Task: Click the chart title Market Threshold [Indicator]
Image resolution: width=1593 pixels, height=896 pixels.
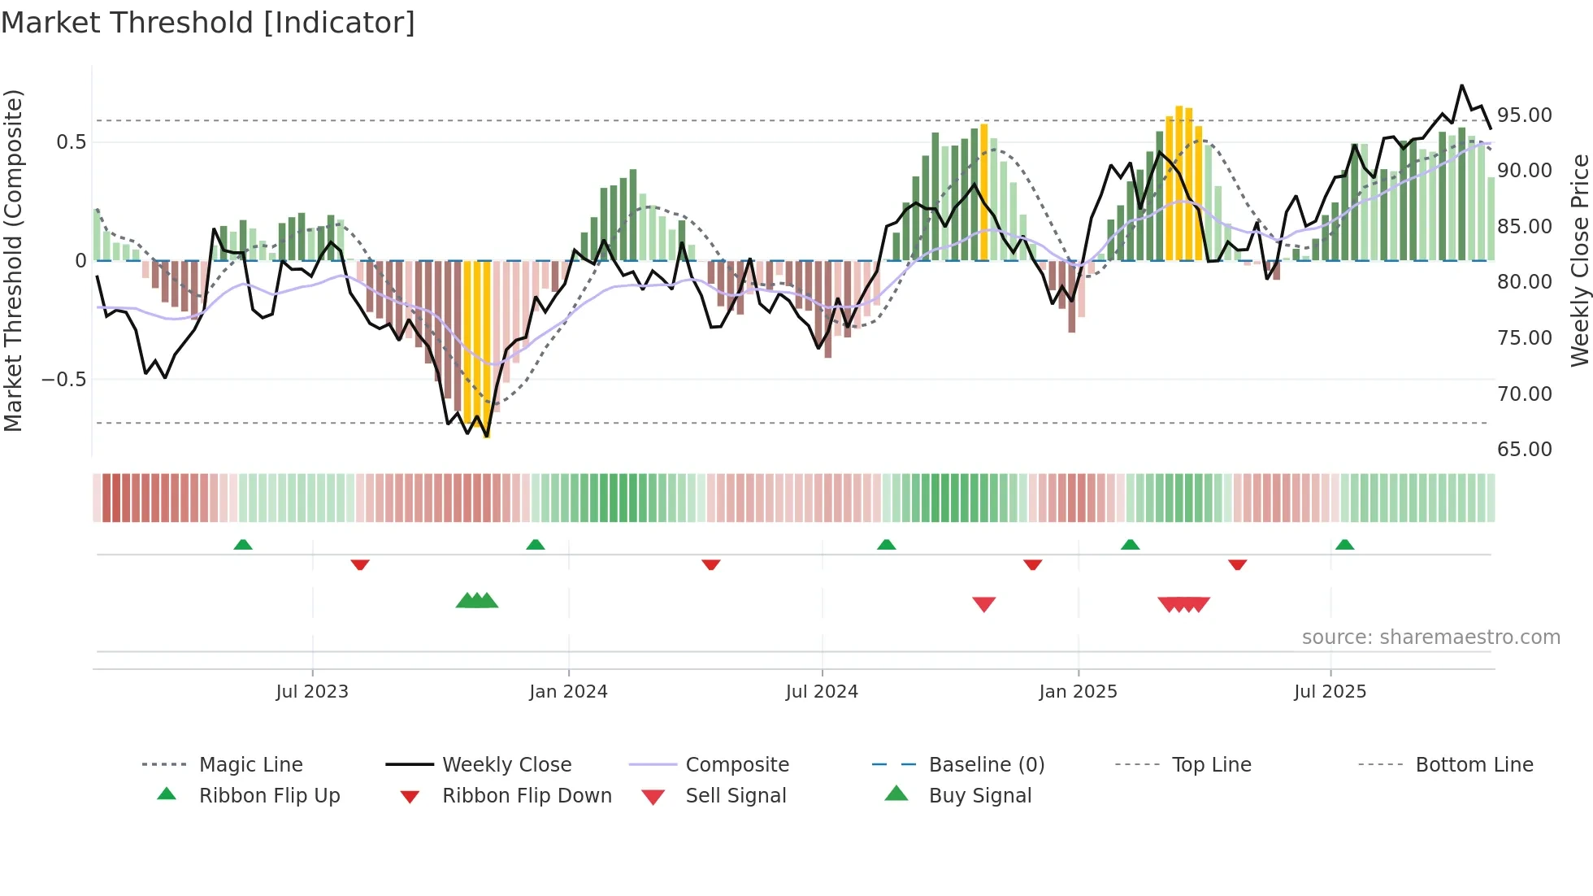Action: click(x=208, y=23)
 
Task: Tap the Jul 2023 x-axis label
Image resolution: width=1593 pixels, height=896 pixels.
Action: click(x=311, y=692)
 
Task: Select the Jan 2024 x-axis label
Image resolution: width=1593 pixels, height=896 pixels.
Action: click(x=568, y=692)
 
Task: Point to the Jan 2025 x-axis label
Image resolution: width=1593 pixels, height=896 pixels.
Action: click(x=1078, y=692)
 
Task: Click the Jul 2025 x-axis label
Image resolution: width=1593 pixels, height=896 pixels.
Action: click(x=1330, y=692)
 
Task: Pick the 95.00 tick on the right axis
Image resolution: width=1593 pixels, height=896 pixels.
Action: click(x=1524, y=115)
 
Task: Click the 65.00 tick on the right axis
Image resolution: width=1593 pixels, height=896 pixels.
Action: click(x=1524, y=450)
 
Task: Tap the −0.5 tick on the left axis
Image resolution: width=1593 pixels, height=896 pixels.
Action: click(x=63, y=380)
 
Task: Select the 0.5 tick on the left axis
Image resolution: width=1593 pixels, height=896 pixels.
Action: click(x=71, y=142)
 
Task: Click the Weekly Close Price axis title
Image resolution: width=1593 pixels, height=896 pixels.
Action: click(x=1579, y=260)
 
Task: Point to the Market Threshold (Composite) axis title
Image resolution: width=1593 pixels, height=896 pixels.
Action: click(x=13, y=260)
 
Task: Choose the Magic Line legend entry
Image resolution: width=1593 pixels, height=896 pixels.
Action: click(x=250, y=765)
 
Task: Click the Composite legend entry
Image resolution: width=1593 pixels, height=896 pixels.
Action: click(x=736, y=765)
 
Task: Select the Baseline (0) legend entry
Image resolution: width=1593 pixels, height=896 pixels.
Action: click(x=986, y=765)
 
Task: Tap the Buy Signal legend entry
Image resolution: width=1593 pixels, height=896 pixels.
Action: click(x=979, y=796)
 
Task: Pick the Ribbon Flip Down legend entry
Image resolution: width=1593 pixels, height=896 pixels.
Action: click(x=526, y=796)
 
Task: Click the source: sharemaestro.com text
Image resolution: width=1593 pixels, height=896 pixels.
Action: click(x=1430, y=637)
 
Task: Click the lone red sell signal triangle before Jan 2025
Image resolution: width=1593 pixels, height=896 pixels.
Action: click(x=983, y=604)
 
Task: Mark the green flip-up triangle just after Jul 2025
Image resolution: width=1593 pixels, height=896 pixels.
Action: click(x=1344, y=545)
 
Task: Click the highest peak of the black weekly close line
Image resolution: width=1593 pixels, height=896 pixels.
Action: click(x=1461, y=85)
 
